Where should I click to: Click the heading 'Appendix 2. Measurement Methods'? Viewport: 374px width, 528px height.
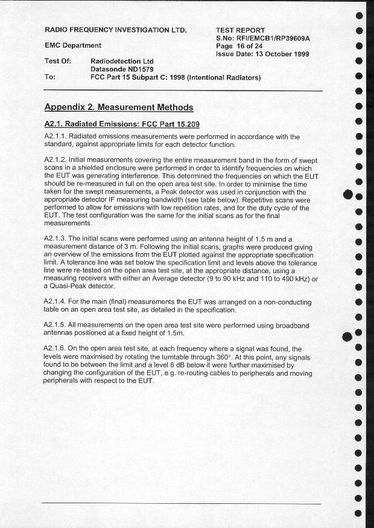tap(119, 108)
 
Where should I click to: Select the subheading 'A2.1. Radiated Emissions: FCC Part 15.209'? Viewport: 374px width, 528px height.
tap(122, 124)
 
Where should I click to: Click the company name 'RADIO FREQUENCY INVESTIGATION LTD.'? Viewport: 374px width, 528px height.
tap(116, 30)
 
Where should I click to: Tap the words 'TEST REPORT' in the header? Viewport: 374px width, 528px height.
tap(240, 30)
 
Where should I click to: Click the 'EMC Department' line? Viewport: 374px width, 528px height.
tap(73, 45)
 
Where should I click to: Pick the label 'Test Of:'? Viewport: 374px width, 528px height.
tap(58, 61)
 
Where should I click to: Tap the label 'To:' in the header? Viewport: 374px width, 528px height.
tap(50, 77)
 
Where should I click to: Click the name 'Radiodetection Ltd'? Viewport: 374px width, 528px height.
tap(122, 62)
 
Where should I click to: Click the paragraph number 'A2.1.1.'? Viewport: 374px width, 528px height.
tap(58, 137)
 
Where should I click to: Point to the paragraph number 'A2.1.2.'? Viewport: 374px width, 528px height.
tap(58, 160)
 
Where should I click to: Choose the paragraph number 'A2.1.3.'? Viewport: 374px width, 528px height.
tap(58, 239)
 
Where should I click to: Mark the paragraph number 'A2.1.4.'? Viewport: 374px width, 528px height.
tap(58, 301)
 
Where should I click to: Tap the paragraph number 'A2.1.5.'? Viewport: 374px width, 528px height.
tap(58, 325)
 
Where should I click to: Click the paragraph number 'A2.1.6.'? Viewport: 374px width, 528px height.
tap(58, 349)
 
